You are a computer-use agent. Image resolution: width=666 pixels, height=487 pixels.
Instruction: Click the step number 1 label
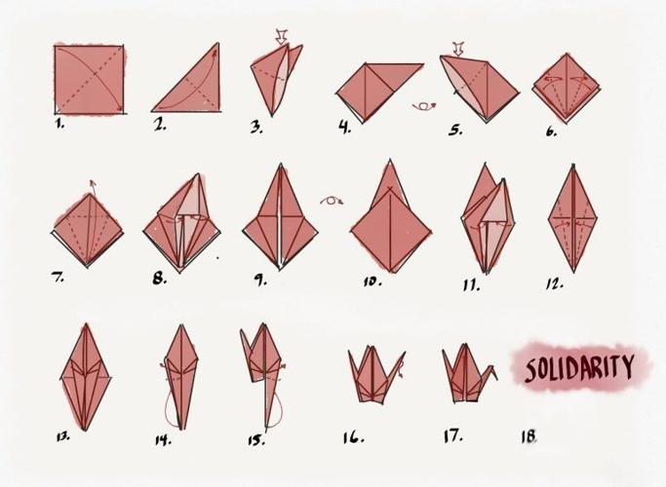point(59,124)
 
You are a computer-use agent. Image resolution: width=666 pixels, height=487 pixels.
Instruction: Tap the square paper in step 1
point(89,79)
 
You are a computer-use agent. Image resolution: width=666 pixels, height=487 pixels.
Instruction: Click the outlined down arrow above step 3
point(282,38)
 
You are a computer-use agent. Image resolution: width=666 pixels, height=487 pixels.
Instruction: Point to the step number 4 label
point(344,128)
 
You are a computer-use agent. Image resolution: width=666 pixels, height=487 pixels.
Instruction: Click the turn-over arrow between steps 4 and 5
point(423,105)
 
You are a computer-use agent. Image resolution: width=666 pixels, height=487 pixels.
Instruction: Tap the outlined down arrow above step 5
point(457,46)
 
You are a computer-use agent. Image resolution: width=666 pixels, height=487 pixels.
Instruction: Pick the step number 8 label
point(159,280)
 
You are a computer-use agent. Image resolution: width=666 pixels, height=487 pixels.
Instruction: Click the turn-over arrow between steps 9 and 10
point(332,201)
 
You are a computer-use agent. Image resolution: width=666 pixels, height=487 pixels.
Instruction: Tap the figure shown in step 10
point(390,219)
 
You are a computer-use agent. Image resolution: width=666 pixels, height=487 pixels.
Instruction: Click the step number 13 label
point(62,437)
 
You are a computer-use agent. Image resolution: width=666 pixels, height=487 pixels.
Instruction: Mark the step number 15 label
point(255,439)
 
